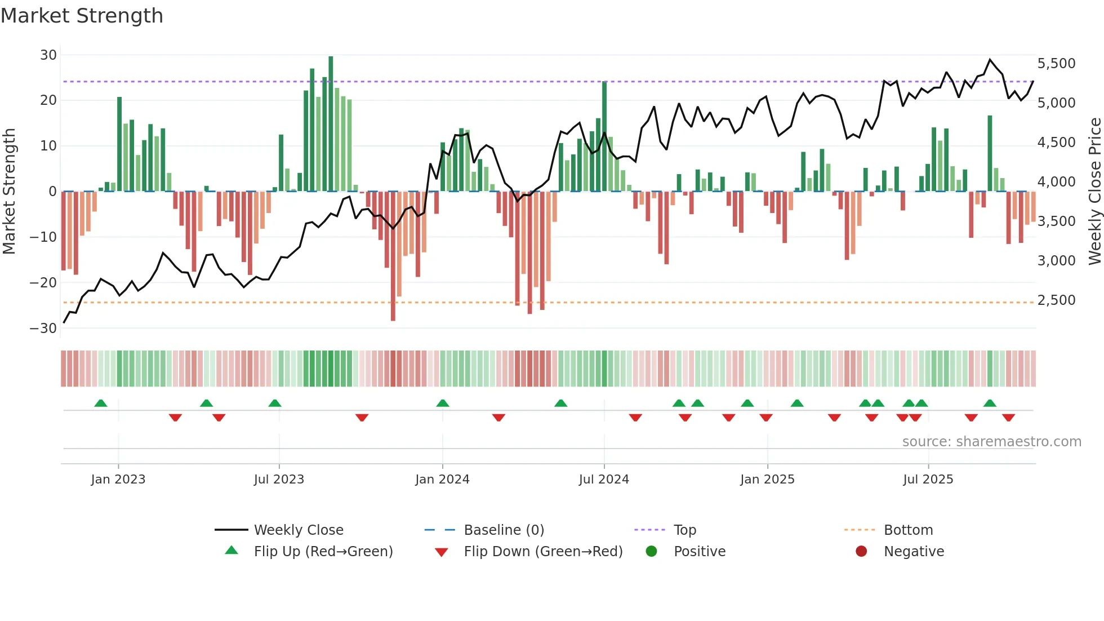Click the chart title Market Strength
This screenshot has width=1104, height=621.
click(x=82, y=16)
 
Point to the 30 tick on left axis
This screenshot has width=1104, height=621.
click(x=48, y=55)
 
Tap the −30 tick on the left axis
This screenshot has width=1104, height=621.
click(x=43, y=329)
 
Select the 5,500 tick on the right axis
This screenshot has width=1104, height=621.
click(x=1056, y=64)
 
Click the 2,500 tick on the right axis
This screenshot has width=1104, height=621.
click(x=1056, y=300)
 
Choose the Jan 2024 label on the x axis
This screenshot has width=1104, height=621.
click(x=442, y=480)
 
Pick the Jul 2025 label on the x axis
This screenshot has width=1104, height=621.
click(x=928, y=480)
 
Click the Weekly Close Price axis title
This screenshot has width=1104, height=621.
click(x=1094, y=192)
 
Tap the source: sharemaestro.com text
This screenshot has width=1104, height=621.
click(x=991, y=442)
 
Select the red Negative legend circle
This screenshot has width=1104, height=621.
click(x=861, y=552)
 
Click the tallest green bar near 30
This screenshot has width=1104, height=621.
click(x=331, y=124)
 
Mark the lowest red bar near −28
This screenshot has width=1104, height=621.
click(x=393, y=256)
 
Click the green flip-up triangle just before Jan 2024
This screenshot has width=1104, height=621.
click(x=443, y=403)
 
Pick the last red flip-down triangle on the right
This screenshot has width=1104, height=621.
click(x=1008, y=418)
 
